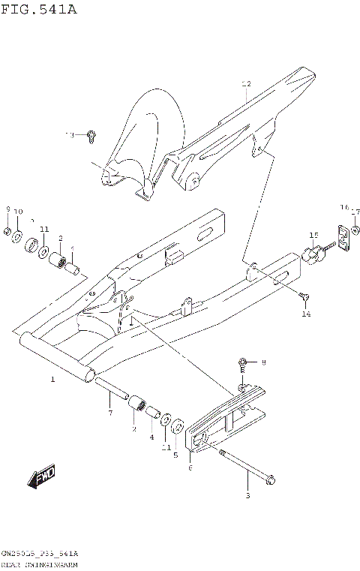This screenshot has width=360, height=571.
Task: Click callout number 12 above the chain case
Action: pyautogui.click(x=245, y=85)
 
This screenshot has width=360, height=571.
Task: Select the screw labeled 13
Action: pyautogui.click(x=91, y=136)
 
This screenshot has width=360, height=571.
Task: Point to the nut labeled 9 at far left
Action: pyautogui.click(x=8, y=233)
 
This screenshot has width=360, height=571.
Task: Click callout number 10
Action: pyautogui.click(x=19, y=212)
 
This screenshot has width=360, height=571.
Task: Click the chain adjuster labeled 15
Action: pyautogui.click(x=310, y=254)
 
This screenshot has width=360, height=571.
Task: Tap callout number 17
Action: pyautogui.click(x=356, y=211)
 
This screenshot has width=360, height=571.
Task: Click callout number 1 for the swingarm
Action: pyautogui.click(x=52, y=380)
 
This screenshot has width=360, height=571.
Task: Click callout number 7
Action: pyautogui.click(x=110, y=413)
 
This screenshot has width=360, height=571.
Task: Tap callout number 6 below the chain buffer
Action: pyautogui.click(x=190, y=467)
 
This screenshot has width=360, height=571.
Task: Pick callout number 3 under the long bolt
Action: pyautogui.click(x=248, y=495)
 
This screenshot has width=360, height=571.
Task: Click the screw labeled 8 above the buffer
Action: pyautogui.click(x=243, y=364)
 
